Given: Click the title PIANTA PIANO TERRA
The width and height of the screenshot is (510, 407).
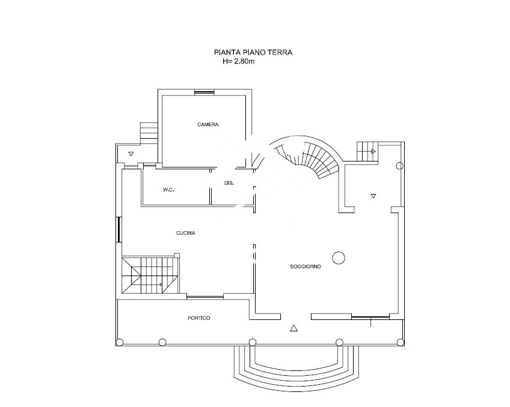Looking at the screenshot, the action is pyautogui.click(x=253, y=52).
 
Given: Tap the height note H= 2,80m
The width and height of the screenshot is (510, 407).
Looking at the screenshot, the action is pyautogui.click(x=239, y=61).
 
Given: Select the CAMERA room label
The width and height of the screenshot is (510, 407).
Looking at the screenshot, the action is pyautogui.click(x=208, y=124).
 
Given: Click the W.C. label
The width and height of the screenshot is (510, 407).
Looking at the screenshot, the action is pyautogui.click(x=168, y=190).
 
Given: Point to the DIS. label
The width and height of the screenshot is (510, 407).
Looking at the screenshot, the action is pyautogui.click(x=229, y=183).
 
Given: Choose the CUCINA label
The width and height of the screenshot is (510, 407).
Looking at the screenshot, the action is pyautogui.click(x=186, y=233).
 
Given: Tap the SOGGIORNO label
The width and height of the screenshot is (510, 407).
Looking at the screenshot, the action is pyautogui.click(x=306, y=267).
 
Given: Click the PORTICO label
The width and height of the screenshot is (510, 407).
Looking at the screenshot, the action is pyautogui.click(x=198, y=318).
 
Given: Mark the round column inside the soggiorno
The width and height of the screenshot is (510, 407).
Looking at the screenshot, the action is pyautogui.click(x=339, y=258).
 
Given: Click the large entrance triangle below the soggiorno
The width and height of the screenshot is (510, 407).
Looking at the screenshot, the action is pyautogui.click(x=293, y=328).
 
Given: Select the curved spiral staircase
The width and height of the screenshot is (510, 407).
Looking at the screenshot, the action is pyautogui.click(x=307, y=157).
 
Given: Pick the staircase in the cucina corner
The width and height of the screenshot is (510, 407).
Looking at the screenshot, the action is pyautogui.click(x=150, y=275).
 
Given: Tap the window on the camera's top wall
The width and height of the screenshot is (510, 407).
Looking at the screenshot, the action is pyautogui.click(x=204, y=92).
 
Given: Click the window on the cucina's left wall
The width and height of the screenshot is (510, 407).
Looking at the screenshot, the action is pyautogui.click(x=118, y=229).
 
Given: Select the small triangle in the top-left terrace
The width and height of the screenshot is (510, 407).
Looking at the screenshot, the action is pyautogui.click(x=131, y=154).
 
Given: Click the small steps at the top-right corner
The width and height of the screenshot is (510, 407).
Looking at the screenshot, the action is pyautogui.click(x=367, y=151).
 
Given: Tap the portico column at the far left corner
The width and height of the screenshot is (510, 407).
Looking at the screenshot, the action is pyautogui.click(x=119, y=342).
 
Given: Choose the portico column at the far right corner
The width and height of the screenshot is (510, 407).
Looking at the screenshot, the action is pyautogui.click(x=401, y=342).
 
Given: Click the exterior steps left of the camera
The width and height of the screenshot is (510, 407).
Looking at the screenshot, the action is pyautogui.click(x=149, y=133).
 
